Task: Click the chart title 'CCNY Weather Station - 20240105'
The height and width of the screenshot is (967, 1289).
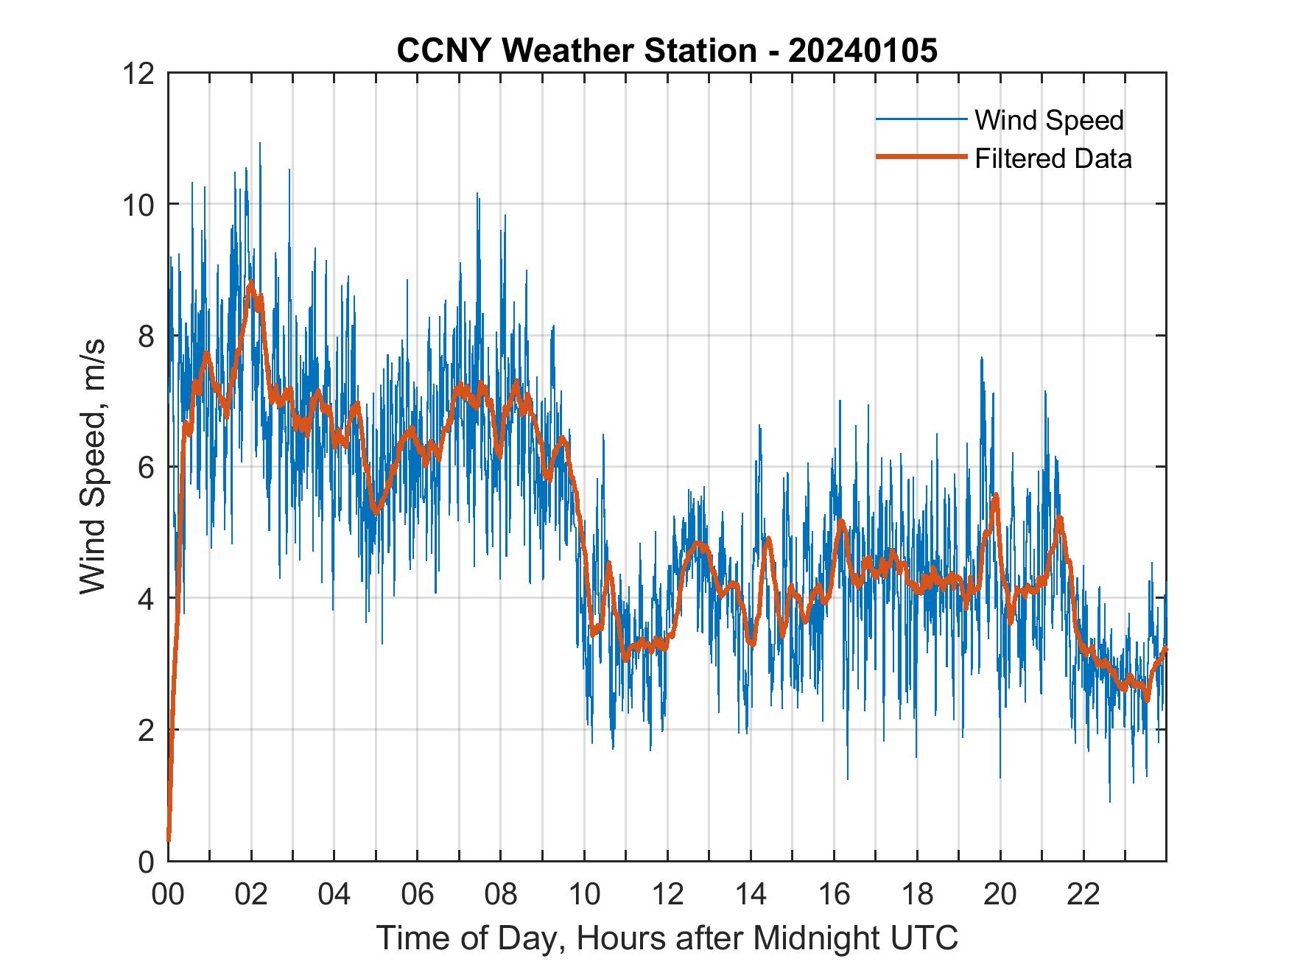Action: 667,51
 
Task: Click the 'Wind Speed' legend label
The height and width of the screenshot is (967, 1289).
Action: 1049,120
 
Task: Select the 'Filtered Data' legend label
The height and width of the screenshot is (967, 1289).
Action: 1053,158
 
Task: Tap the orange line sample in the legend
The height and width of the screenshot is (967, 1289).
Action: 921,157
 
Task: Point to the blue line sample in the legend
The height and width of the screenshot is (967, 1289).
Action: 921,119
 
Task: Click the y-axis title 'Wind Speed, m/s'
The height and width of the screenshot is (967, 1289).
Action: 93,466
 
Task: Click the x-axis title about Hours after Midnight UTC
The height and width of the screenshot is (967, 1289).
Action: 667,938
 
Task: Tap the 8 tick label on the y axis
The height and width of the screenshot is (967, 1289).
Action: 146,336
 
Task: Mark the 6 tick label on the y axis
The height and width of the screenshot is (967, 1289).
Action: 146,467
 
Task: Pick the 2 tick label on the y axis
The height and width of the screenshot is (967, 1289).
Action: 146,730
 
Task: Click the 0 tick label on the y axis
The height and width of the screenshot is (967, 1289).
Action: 146,861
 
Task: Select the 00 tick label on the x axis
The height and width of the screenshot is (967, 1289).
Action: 168,894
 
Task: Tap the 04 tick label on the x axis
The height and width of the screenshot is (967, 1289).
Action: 334,894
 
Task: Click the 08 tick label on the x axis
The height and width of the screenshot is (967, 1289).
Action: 501,894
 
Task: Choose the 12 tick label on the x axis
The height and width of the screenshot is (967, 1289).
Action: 667,894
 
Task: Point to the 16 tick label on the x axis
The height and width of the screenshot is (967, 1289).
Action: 834,894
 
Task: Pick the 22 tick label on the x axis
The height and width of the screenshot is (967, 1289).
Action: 1083,894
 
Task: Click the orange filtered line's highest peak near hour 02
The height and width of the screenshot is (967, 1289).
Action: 251,284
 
